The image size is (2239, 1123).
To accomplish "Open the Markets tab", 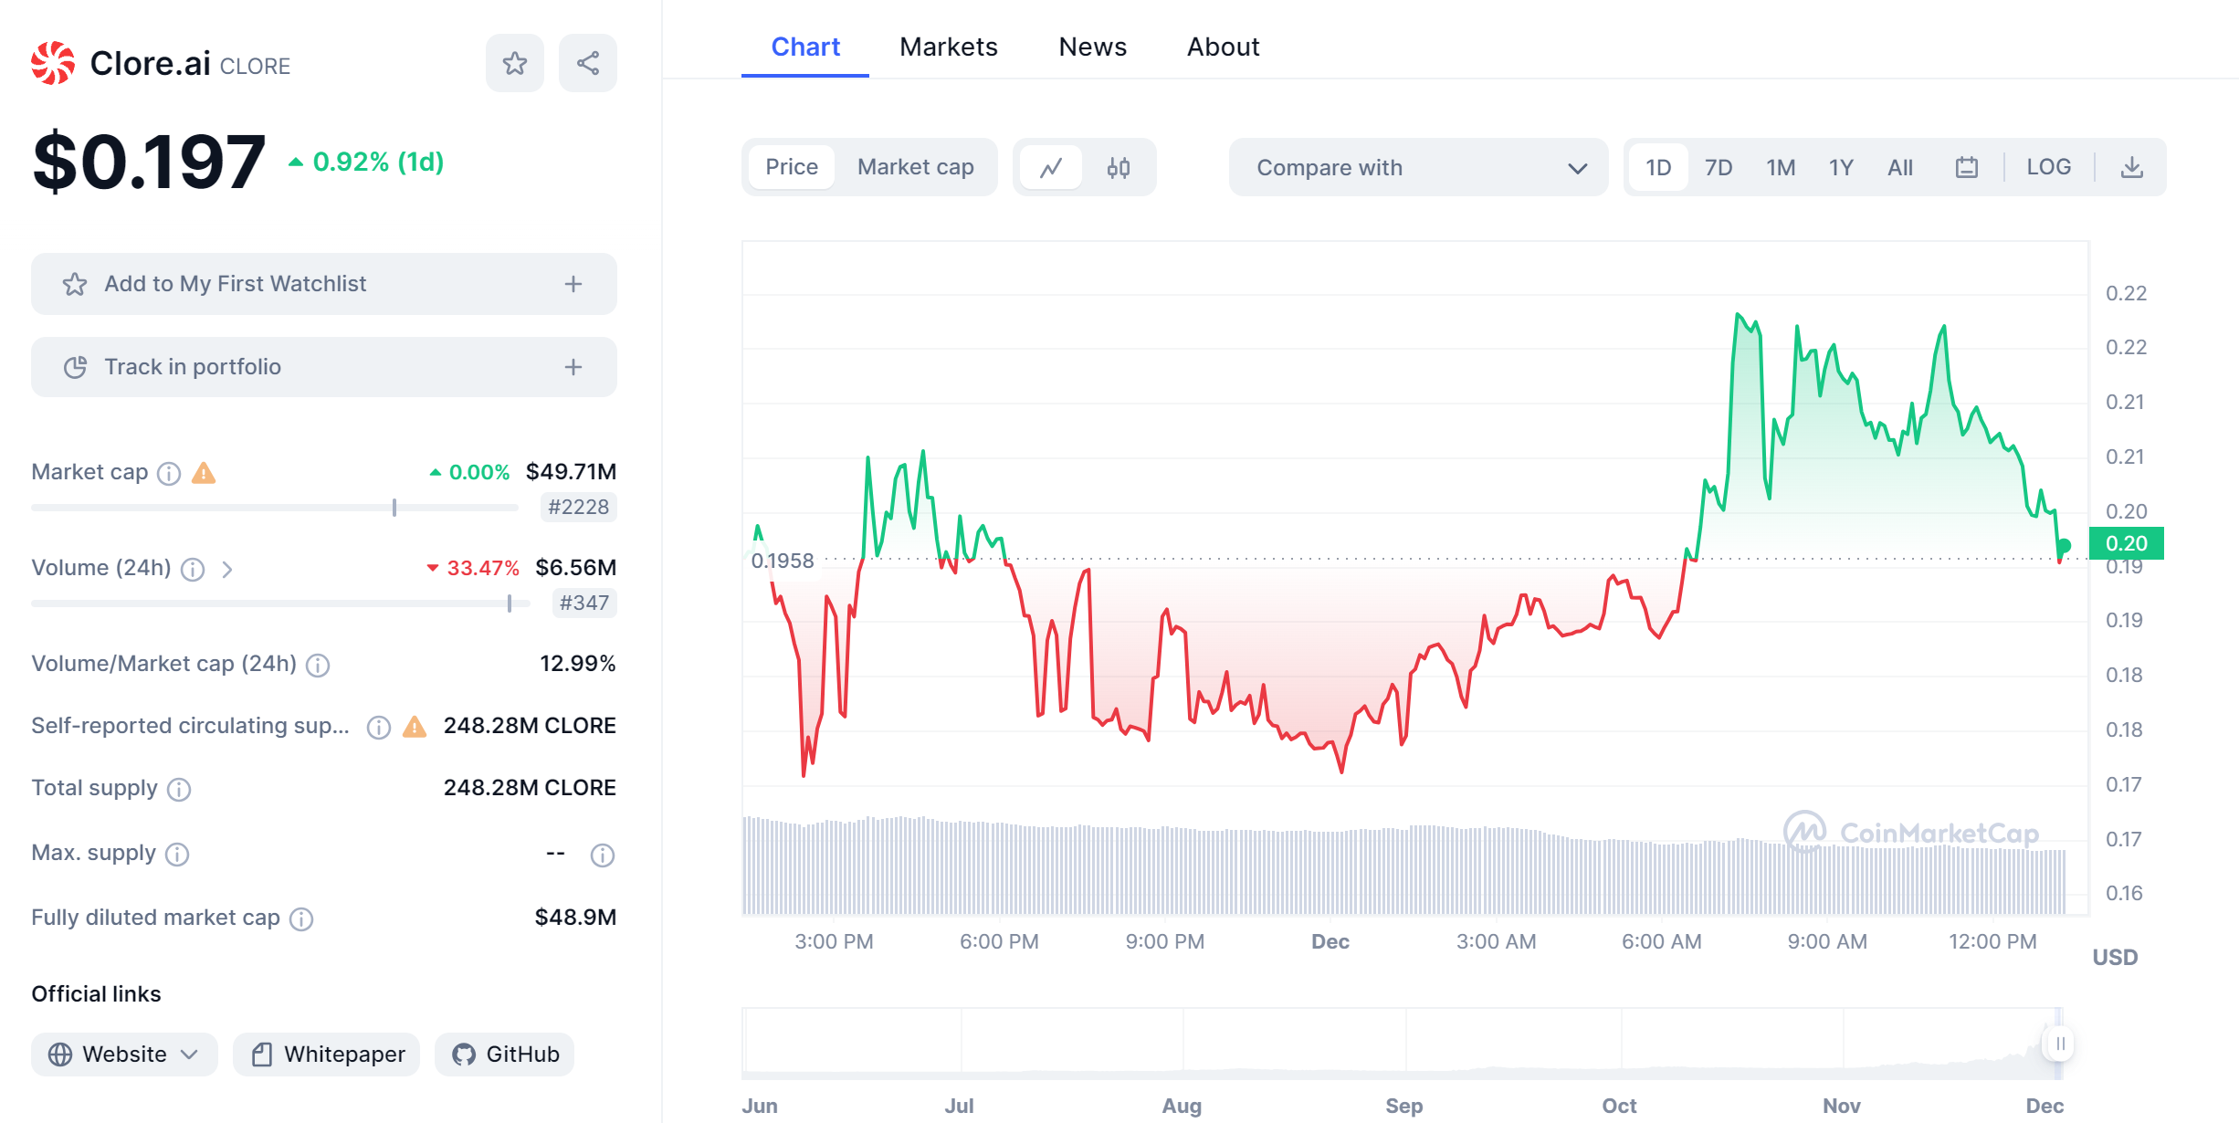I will [948, 47].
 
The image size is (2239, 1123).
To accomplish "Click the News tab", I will [1092, 47].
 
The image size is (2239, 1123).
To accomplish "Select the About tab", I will [1223, 47].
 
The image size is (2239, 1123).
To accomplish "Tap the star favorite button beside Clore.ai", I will [515, 63].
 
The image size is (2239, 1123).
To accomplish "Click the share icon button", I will [588, 63].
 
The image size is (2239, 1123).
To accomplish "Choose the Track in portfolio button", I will [323, 367].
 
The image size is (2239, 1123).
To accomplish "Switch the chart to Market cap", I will [915, 167].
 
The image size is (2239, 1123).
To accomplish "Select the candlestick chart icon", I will [1119, 167].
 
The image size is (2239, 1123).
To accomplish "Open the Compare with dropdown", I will [1418, 167].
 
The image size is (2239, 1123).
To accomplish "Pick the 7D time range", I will [1718, 167].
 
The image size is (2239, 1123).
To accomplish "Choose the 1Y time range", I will [1841, 167].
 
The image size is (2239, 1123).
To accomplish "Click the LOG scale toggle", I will [2048, 167].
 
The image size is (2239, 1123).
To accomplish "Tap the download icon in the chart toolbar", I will [2131, 167].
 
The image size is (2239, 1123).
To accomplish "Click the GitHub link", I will [505, 1055].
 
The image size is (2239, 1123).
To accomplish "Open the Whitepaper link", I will [327, 1055].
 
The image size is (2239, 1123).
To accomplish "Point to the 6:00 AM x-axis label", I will [1661, 941].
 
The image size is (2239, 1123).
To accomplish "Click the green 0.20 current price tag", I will [2126, 543].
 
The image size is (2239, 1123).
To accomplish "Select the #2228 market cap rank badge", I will [578, 507].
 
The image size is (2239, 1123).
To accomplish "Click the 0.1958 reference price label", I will [783, 561].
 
